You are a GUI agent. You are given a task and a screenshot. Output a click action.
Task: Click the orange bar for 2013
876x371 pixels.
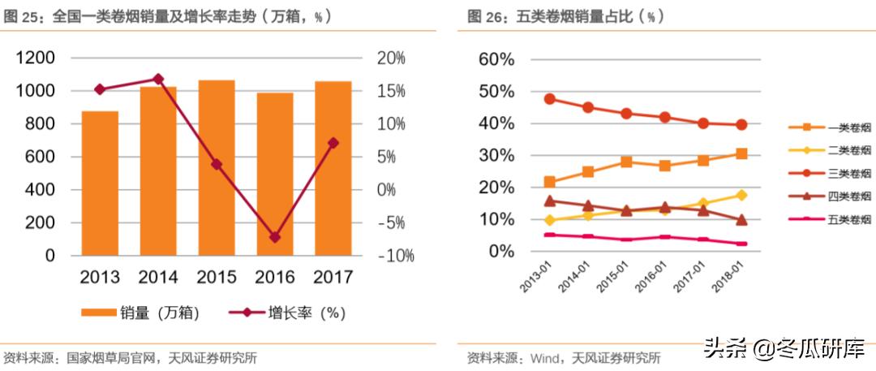(x=100, y=183)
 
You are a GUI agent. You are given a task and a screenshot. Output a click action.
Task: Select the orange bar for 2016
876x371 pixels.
(x=274, y=175)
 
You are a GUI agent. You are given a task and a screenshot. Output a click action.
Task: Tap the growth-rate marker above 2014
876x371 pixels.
(x=158, y=79)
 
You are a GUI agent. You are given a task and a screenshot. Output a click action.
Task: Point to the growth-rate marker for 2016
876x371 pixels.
(x=274, y=237)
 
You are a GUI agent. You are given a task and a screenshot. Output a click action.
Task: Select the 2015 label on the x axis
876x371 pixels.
(x=217, y=277)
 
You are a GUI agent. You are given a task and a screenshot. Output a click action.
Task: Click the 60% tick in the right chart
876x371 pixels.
(x=496, y=59)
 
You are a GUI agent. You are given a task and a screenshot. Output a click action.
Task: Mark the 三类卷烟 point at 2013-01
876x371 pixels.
(x=550, y=99)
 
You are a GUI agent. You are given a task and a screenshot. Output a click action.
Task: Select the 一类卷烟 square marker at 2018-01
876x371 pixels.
(x=741, y=153)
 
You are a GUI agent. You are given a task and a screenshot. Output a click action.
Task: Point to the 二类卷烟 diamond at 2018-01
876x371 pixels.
(x=741, y=195)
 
